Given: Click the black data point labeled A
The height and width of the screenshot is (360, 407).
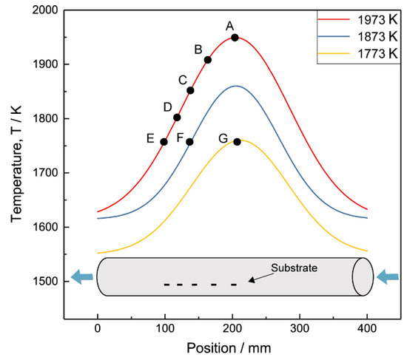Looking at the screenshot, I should coord(235,38).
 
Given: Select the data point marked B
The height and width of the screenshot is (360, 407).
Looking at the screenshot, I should coord(208,60).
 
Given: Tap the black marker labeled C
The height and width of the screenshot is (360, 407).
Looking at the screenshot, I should coord(190,90).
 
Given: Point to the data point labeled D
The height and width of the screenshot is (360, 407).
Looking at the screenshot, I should coord(177,117).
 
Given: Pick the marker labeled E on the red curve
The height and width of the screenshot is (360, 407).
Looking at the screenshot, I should coord(164,142).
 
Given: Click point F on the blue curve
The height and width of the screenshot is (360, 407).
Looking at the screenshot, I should coord(189,142).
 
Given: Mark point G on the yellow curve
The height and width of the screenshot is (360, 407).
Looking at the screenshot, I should coord(237,142).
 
